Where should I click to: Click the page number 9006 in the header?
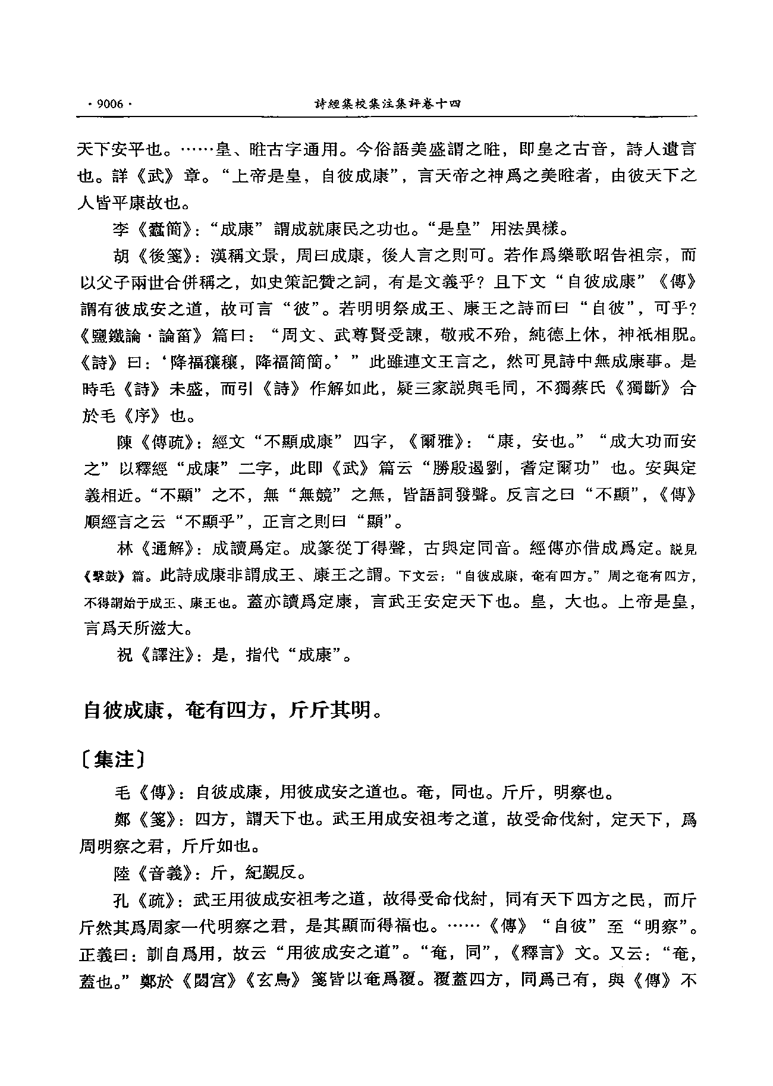click(108, 105)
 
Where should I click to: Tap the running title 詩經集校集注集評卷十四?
click(387, 105)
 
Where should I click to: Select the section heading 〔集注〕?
click(112, 759)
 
